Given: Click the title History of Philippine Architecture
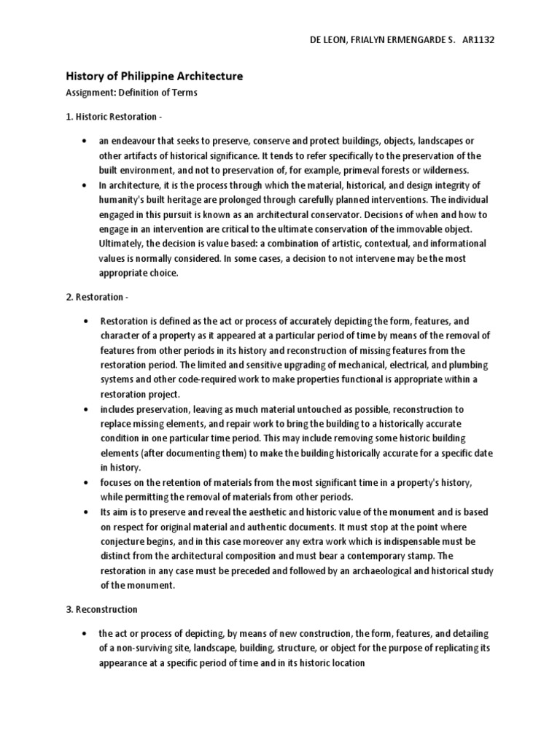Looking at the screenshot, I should point(155,76).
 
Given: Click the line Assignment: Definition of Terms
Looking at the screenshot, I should point(132,93).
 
